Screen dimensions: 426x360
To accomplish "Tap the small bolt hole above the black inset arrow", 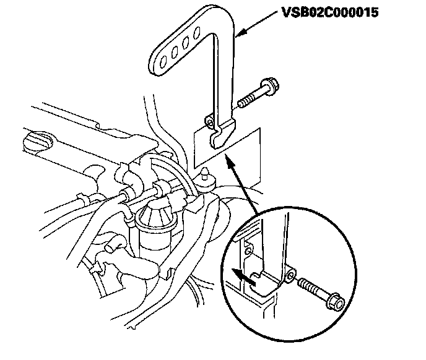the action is (248, 252).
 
